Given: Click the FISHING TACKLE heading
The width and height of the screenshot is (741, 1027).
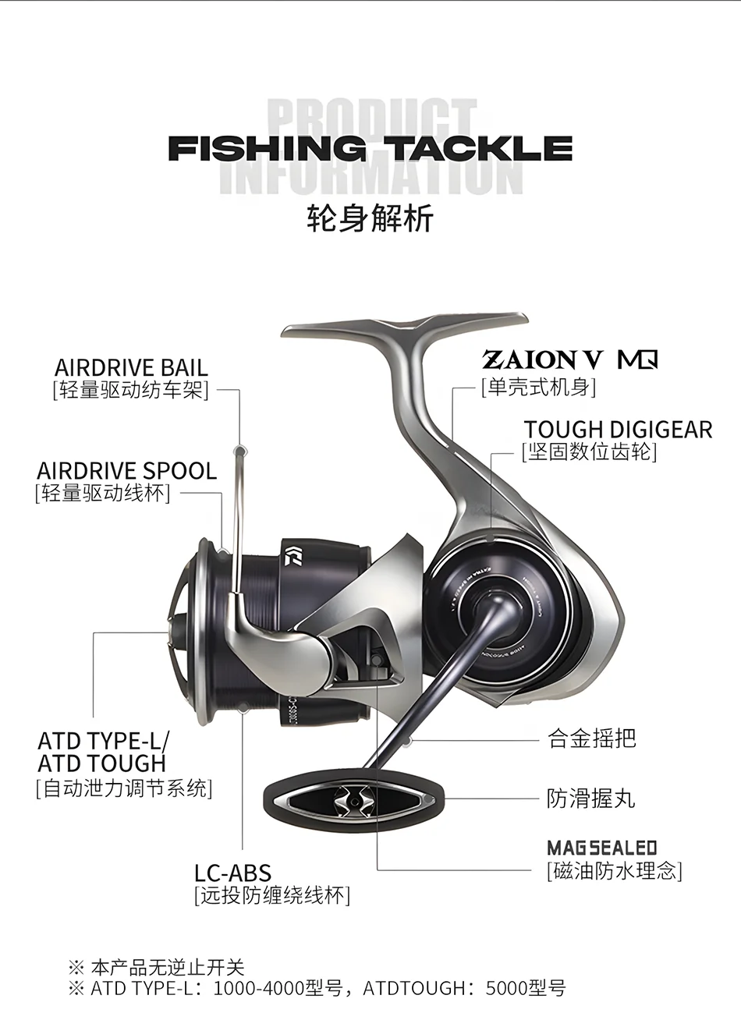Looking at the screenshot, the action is click(x=370, y=148).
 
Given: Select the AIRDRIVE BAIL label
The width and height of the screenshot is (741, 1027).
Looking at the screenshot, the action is click(x=131, y=367).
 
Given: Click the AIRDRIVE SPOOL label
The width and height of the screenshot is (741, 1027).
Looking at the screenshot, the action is click(x=126, y=471).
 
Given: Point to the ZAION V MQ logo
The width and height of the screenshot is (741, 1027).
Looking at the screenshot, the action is click(x=570, y=359).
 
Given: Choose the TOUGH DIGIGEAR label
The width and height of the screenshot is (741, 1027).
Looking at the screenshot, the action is click(x=618, y=430).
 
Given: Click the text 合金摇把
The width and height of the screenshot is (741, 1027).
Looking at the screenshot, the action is click(x=592, y=738).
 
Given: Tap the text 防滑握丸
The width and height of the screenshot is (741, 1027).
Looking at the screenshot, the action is click(x=590, y=799).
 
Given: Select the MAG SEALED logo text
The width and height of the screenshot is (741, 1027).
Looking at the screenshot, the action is click(x=602, y=848).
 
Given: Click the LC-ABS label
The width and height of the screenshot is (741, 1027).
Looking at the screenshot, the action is click(x=232, y=873).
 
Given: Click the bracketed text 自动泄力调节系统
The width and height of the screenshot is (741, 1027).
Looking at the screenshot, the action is click(x=125, y=788).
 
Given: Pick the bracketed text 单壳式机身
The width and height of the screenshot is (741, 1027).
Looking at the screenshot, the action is click(x=538, y=387).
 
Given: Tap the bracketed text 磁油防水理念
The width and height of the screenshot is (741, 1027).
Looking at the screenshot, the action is click(x=615, y=870).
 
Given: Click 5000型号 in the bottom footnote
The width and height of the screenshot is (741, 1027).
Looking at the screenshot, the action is click(x=525, y=988).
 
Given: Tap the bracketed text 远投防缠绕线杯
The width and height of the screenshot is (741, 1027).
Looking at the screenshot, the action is click(x=272, y=895).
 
